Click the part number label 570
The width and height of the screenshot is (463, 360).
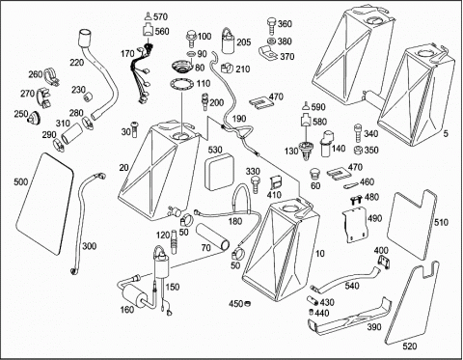pyautogui.click(x=160, y=16)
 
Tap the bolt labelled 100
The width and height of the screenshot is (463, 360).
pyautogui.click(x=190, y=38)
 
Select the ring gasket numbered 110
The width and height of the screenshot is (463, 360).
pyautogui.click(x=182, y=85)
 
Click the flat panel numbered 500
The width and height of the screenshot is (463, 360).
pyautogui.click(x=44, y=204)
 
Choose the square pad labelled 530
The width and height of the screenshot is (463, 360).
pyautogui.click(x=219, y=172)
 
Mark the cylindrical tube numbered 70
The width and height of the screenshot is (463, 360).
pyautogui.click(x=213, y=236)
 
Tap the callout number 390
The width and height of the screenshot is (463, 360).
pyautogui.click(x=374, y=327)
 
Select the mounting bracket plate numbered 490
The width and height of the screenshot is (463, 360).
pyautogui.click(x=354, y=225)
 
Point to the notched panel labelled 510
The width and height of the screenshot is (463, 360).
pyautogui.click(x=412, y=224)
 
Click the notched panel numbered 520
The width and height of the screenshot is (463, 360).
pyautogui.click(x=412, y=302)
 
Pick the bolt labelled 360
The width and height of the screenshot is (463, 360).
pyautogui.click(x=271, y=26)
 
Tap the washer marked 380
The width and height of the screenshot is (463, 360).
pyautogui.click(x=271, y=42)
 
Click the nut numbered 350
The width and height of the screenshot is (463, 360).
pyautogui.click(x=358, y=151)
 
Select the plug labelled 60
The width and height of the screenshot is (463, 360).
pyautogui.click(x=314, y=174)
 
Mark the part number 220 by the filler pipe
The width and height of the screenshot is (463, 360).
pyautogui.click(x=77, y=62)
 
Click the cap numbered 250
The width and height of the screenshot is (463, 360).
pyautogui.click(x=34, y=118)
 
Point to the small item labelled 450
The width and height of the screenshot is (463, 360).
pyautogui.click(x=248, y=303)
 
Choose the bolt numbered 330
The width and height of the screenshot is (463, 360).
pyautogui.click(x=256, y=184)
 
